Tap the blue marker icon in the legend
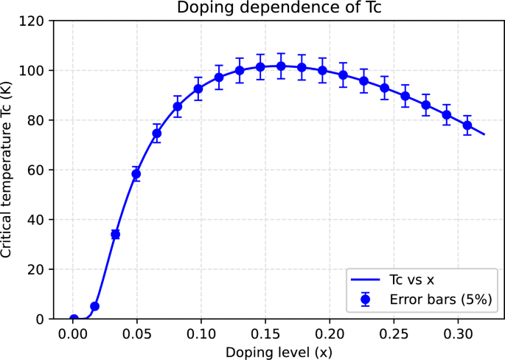point(366,300)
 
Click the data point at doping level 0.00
point(74,319)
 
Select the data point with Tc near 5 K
point(94,306)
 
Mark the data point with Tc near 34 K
point(115,234)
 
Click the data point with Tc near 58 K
point(136,174)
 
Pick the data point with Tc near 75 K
point(156,133)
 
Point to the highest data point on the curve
point(281,66)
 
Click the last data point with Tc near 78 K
point(467,125)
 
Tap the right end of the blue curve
point(484,134)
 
